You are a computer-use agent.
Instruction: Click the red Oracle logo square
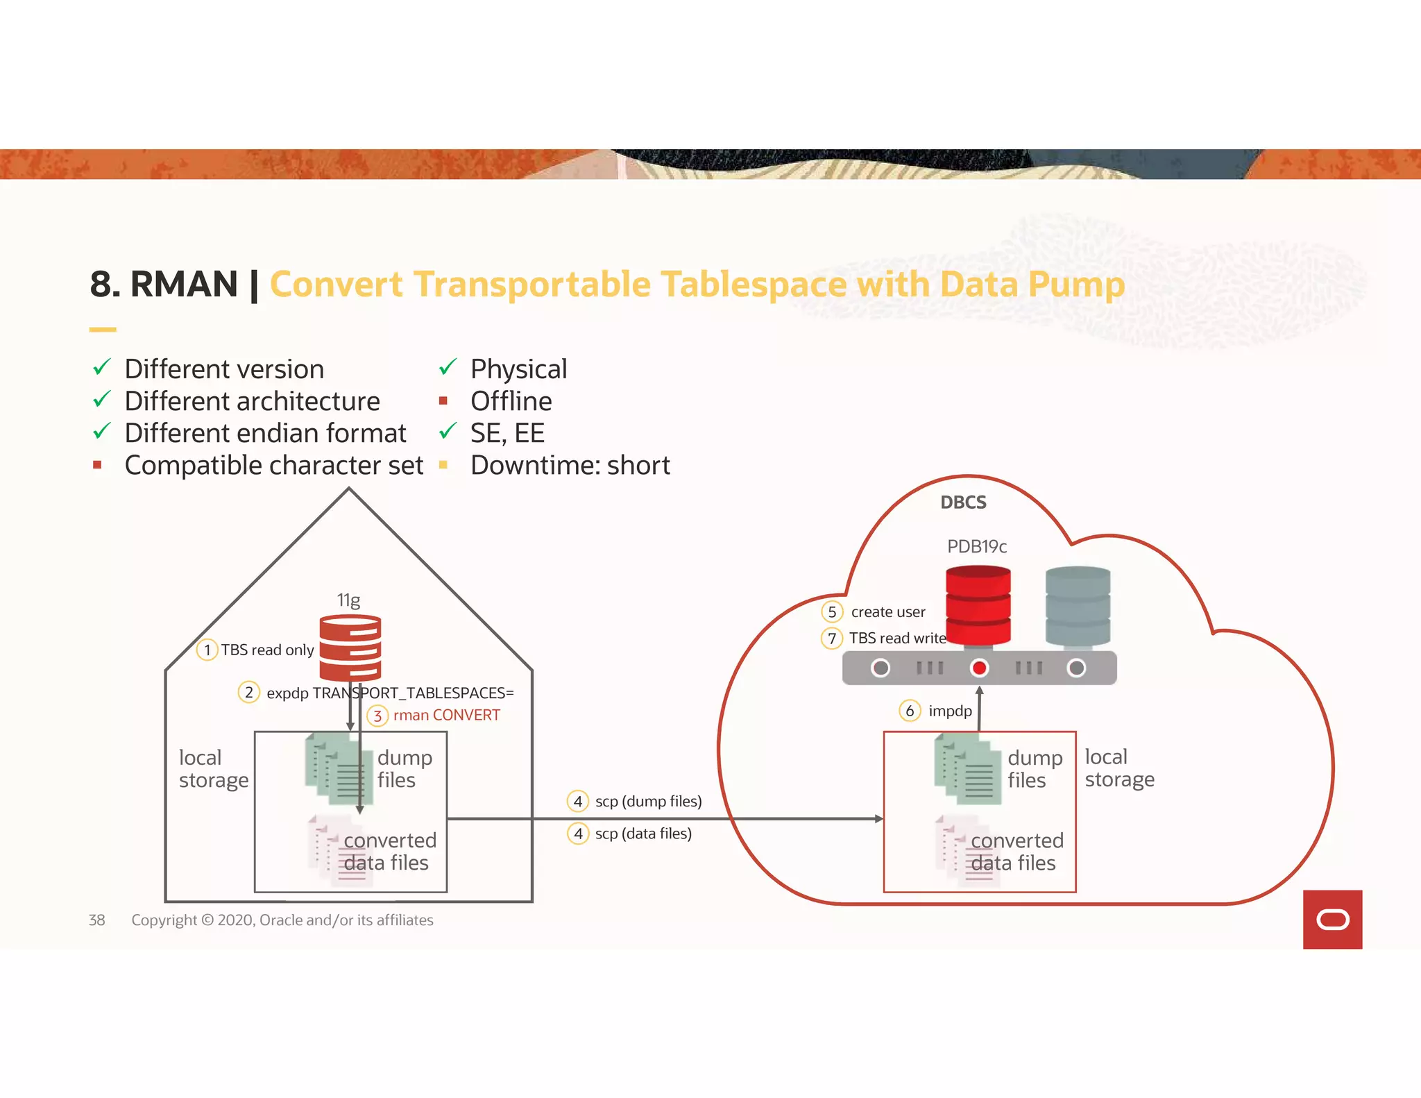click(x=1332, y=919)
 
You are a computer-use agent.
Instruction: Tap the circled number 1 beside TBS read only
click(x=207, y=650)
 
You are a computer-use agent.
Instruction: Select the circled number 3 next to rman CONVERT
click(x=377, y=716)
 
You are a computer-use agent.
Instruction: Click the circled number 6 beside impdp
click(x=910, y=711)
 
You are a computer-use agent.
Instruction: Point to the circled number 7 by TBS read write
click(x=832, y=638)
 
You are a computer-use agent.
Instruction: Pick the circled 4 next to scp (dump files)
click(x=578, y=801)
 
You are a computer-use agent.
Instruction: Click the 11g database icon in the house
click(x=350, y=648)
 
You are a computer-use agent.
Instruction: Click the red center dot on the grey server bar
click(x=979, y=668)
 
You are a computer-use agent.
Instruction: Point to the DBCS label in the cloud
click(x=963, y=502)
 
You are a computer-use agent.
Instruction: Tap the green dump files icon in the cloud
click(x=967, y=770)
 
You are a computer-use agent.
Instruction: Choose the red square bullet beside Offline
click(x=443, y=400)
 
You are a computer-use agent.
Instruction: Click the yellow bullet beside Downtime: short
click(x=443, y=465)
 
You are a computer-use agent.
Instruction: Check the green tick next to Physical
click(x=448, y=367)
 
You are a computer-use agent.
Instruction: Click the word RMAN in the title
click(x=184, y=285)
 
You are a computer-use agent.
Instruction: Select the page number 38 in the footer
click(x=97, y=920)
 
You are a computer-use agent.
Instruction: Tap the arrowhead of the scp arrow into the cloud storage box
click(x=878, y=819)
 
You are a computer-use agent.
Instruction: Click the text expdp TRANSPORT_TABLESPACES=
click(x=390, y=693)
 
